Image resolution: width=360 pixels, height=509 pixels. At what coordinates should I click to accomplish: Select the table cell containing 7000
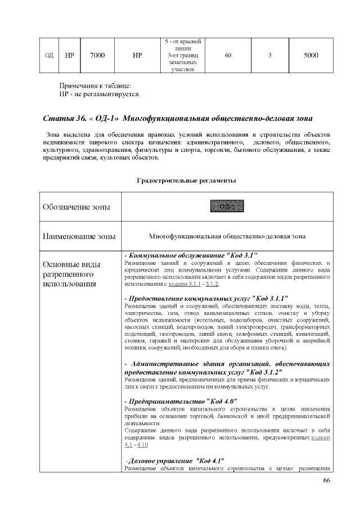[x=97, y=56]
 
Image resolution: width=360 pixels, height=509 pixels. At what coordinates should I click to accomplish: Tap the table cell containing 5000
[x=310, y=56]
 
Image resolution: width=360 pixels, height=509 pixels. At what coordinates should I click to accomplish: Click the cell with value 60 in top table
[x=228, y=56]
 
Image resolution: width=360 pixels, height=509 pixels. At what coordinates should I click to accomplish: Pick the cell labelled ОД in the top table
[x=49, y=56]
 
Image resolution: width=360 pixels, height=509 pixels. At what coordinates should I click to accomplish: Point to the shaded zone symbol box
[x=227, y=206]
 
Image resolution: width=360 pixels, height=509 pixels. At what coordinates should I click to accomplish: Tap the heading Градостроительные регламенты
[x=186, y=181]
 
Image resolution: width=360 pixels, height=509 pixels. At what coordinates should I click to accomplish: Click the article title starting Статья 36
[x=177, y=119]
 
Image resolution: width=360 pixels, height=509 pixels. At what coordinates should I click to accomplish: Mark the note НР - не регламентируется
[x=100, y=93]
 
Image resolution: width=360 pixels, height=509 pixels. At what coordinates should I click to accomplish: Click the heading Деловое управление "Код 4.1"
[x=175, y=461]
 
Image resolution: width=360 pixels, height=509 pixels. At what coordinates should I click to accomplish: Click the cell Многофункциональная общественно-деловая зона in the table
[x=227, y=237]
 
